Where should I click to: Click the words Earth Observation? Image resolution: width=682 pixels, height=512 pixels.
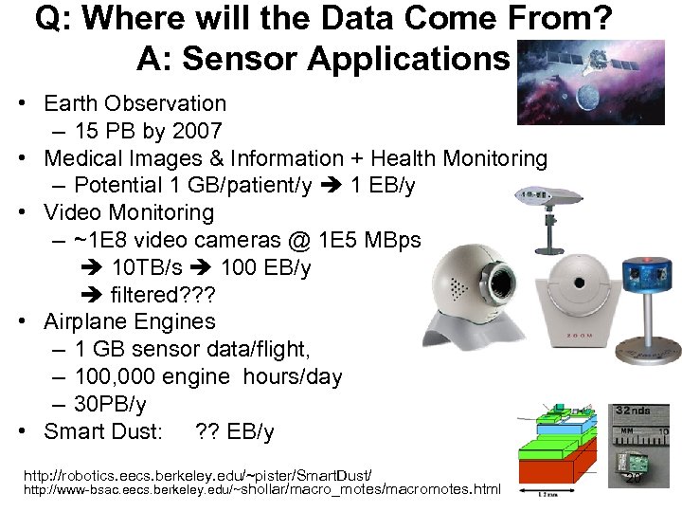pyautogui.click(x=135, y=103)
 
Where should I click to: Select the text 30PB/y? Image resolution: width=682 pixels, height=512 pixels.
pyautogui.click(x=110, y=405)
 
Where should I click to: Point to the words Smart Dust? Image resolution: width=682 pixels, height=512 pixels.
pyautogui.click(x=103, y=432)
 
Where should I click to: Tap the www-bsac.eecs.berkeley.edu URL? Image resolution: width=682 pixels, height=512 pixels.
pyautogui.click(x=261, y=490)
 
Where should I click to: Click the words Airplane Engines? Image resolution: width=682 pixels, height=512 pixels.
pyautogui.click(x=130, y=322)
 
